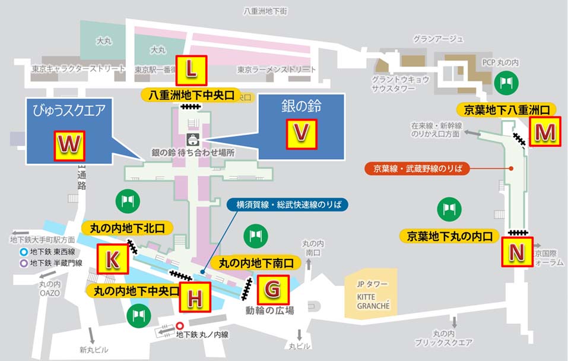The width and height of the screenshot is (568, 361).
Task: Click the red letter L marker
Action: tap(191, 70)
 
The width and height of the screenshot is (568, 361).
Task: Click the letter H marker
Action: tap(195, 297)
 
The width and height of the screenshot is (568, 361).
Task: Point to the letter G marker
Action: tap(272, 289)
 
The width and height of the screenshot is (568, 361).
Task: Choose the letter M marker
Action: tap(544, 133)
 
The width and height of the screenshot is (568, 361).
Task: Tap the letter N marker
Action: tap(517, 252)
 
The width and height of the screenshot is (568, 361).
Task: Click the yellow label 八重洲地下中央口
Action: tap(191, 95)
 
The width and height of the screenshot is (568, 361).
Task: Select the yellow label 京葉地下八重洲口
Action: tap(506, 109)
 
